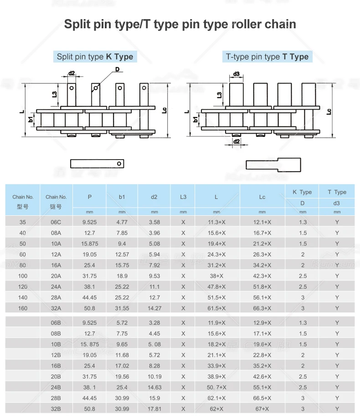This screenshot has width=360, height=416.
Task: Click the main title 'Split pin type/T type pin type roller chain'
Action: click(180, 24)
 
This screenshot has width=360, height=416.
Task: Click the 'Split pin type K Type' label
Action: click(95, 57)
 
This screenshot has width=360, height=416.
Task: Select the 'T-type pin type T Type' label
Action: click(267, 57)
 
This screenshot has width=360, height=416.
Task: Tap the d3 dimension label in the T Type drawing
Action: click(237, 74)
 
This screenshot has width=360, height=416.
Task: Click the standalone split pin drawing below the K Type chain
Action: click(98, 163)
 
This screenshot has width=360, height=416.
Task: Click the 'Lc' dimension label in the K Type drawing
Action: click(165, 110)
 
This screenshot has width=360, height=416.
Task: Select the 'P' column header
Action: click(90, 197)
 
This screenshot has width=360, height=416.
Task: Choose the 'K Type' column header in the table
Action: click(302, 192)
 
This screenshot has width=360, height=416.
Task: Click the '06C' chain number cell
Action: click(56, 222)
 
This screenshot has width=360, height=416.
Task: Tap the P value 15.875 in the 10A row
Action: click(90, 244)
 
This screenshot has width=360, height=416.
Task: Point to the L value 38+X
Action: click(216, 276)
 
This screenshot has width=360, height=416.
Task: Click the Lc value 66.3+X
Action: click(262, 308)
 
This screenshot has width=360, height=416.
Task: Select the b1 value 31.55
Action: click(122, 308)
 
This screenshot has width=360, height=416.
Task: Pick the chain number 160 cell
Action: click(23, 308)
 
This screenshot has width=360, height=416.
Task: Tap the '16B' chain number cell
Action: click(56, 366)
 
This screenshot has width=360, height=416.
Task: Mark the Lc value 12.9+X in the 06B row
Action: click(262, 323)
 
